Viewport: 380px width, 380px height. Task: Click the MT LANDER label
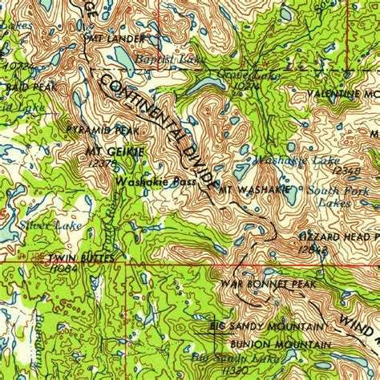coord(114,38)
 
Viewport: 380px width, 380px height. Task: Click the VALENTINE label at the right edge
coord(345,94)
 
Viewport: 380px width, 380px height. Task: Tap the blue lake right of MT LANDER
coord(124,56)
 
